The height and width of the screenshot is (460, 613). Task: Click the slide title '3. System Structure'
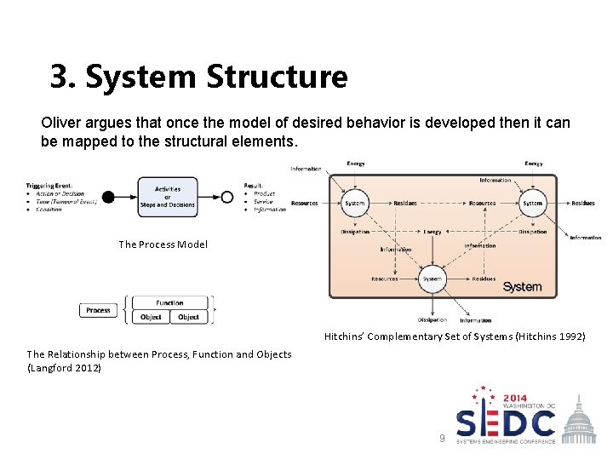pos(198,77)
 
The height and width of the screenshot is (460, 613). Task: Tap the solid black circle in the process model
pos(108,197)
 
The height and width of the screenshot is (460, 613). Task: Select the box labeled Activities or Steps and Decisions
pos(168,197)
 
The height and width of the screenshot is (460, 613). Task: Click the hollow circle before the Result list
pos(227,197)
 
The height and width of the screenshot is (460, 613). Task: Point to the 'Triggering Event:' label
pos(49,185)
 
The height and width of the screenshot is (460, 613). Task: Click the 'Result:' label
pos(254,185)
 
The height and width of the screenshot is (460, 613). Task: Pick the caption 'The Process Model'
pos(163,244)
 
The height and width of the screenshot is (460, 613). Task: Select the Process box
pos(98,310)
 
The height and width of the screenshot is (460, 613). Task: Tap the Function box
pos(169,302)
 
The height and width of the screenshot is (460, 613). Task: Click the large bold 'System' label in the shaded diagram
pos(522,287)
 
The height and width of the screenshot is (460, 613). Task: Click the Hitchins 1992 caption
pos(455,336)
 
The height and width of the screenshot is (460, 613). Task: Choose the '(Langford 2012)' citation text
pos(65,368)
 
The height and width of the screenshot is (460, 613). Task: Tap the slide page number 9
pos(441,438)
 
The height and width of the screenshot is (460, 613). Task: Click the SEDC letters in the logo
pos(506,422)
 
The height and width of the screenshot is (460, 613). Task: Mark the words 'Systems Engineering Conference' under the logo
pos(506,441)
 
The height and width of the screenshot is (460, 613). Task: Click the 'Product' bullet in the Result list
pos(264,193)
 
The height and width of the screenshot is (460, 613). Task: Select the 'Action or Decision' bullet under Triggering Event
pos(61,193)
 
